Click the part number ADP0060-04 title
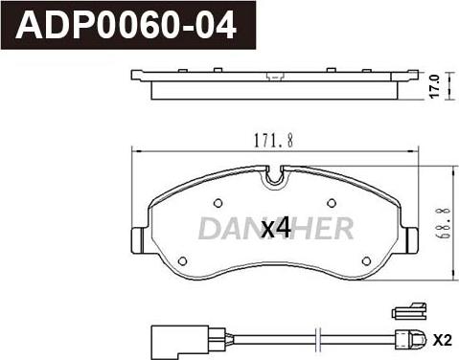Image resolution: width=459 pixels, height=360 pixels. click(126, 25)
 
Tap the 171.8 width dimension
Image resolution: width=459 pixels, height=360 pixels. click(274, 141)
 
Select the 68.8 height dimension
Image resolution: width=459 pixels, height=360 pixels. click(444, 223)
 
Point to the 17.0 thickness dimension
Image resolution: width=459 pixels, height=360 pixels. click(435, 86)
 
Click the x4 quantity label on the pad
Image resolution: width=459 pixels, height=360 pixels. click(275, 228)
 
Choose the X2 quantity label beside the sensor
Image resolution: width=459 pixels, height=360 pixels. click(443, 341)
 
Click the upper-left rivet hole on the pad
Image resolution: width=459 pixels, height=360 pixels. click(218, 203)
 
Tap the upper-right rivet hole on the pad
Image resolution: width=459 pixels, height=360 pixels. click(332, 203)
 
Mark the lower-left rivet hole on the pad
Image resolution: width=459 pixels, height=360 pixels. click(182, 261)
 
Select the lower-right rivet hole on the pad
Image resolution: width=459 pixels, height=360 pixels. click(367, 261)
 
